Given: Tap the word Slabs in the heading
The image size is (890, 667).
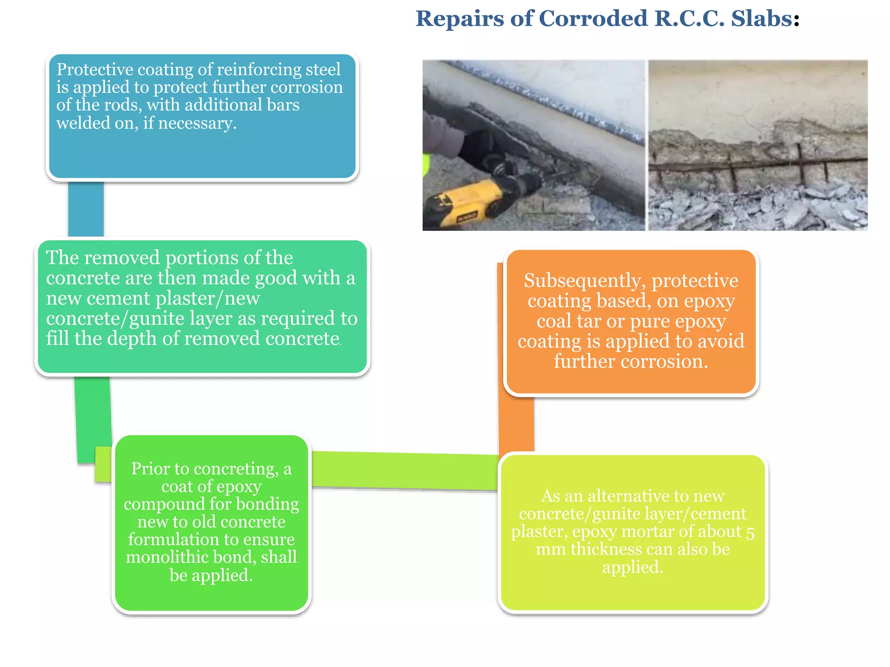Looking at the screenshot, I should [x=761, y=19].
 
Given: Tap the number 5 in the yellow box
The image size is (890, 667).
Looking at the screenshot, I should [x=750, y=533].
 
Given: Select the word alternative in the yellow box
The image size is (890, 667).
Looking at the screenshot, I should [x=622, y=496].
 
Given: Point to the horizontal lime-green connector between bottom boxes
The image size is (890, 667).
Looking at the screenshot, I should [x=404, y=471].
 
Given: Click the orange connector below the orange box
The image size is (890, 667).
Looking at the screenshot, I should [x=516, y=423].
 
